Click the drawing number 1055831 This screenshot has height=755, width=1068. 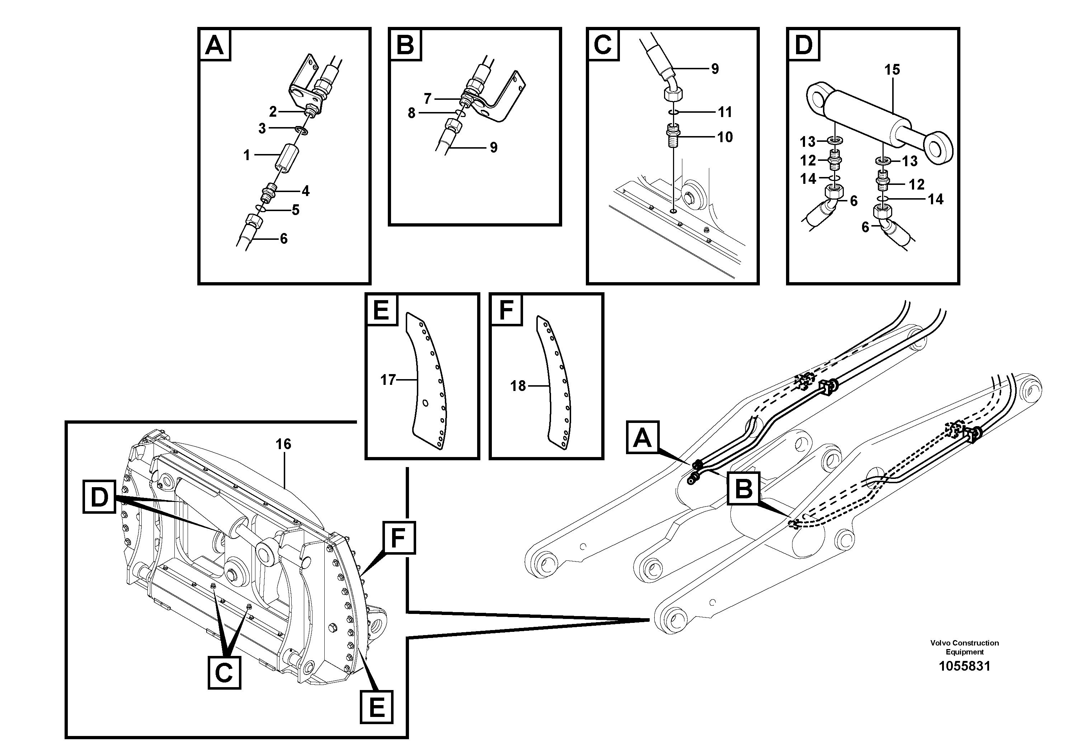pyautogui.click(x=964, y=666)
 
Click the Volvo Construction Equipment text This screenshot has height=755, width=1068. pyautogui.click(x=964, y=647)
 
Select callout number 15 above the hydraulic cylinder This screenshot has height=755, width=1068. pyautogui.click(x=892, y=70)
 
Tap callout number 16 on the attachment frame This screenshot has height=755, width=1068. pyautogui.click(x=283, y=444)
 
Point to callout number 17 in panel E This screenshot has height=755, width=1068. pyautogui.click(x=387, y=380)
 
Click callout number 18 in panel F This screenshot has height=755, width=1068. pyautogui.click(x=518, y=386)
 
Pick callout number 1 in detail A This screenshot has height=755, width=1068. pyautogui.click(x=247, y=155)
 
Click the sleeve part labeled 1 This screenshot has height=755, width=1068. pyautogui.click(x=287, y=159)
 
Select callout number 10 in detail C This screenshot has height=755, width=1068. pyautogui.click(x=725, y=137)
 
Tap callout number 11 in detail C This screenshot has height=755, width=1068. pyautogui.click(x=725, y=112)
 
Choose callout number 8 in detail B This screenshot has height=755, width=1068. pyautogui.click(x=411, y=113)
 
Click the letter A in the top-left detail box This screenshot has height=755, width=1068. pyautogui.click(x=215, y=45)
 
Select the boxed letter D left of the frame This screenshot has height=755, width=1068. pyautogui.click(x=99, y=498)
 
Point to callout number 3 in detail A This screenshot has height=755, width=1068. pyautogui.click(x=262, y=129)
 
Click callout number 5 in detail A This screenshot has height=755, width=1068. pyautogui.click(x=295, y=210)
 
